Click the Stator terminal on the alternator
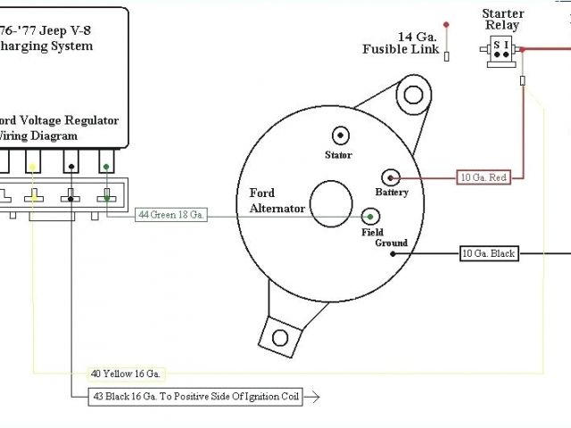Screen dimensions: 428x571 [341, 136]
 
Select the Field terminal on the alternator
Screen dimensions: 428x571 [370, 216]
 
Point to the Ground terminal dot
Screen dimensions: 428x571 [388, 254]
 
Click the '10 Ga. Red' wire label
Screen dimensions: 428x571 [484, 177]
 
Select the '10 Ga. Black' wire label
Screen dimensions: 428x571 [488, 254]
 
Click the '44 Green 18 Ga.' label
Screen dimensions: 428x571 [171, 216]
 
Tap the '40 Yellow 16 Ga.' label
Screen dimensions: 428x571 [126, 374]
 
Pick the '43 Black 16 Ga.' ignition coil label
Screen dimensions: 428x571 [195, 396]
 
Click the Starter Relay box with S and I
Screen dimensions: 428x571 [502, 53]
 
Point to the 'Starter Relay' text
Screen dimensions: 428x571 [501, 19]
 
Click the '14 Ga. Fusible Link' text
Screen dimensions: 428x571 [401, 43]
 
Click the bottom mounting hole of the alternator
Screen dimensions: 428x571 [279, 338]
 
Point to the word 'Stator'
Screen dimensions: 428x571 [338, 155]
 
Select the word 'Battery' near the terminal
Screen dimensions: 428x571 [392, 193]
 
